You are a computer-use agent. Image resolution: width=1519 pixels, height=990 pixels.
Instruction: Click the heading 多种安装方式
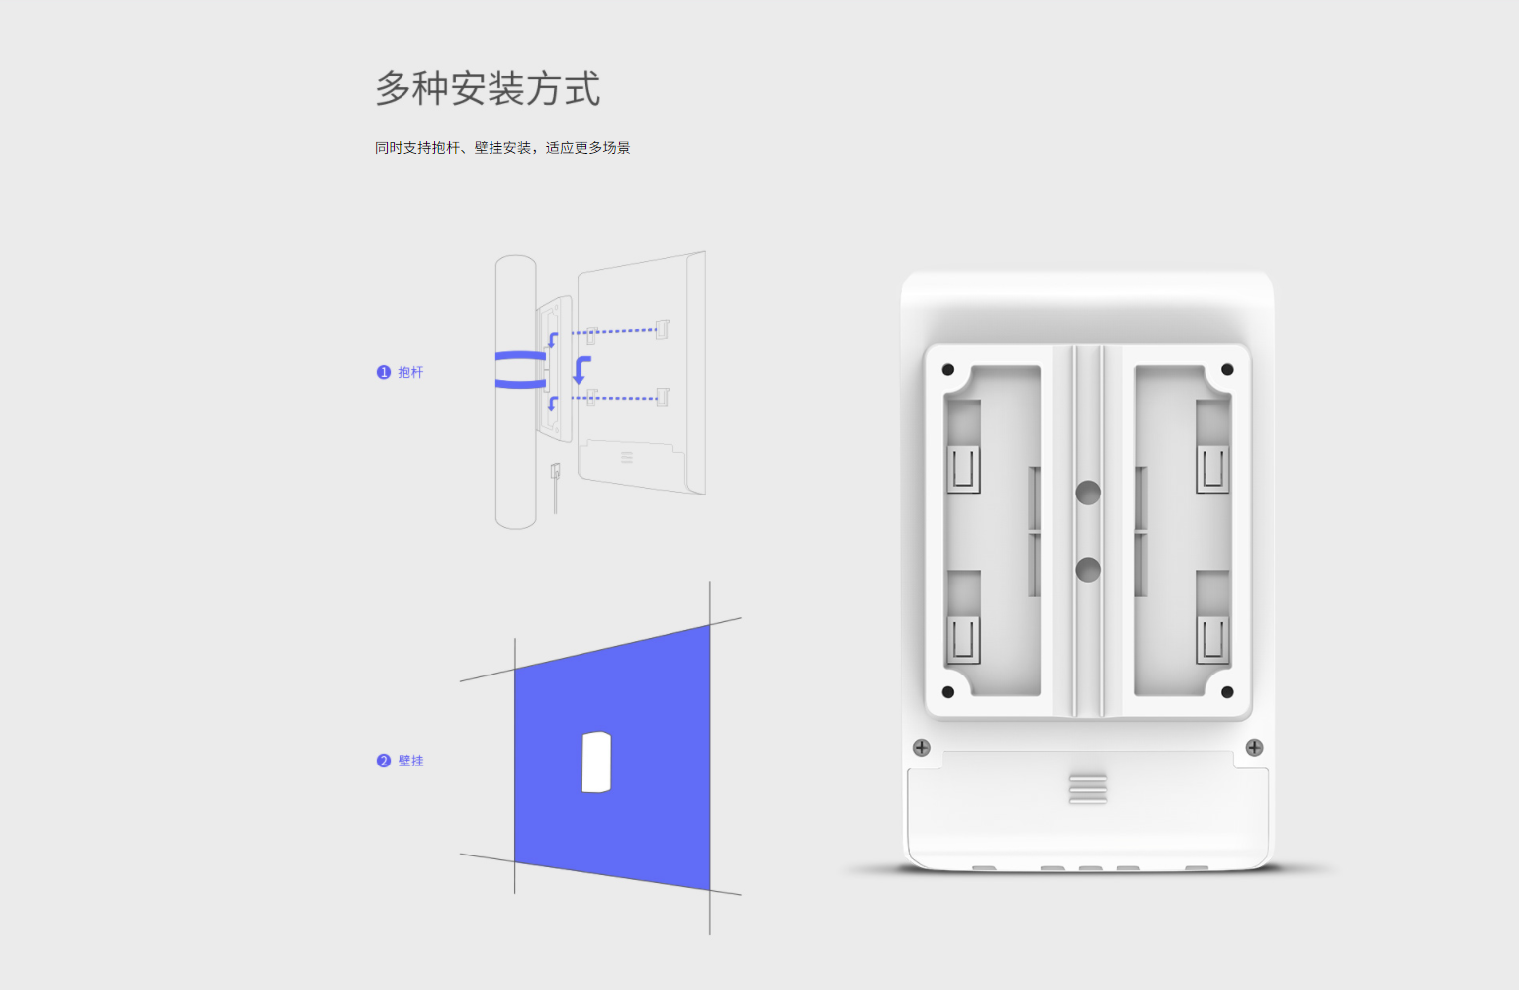pyautogui.click(x=488, y=88)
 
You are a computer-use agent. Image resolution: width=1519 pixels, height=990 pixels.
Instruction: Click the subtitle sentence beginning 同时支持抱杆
pyautogui.click(x=502, y=147)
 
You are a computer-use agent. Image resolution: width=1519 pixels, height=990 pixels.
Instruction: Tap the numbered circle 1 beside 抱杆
pyautogui.click(x=383, y=372)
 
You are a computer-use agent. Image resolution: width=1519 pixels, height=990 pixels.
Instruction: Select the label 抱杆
pyautogui.click(x=410, y=372)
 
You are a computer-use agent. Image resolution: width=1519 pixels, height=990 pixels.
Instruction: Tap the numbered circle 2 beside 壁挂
pyautogui.click(x=383, y=761)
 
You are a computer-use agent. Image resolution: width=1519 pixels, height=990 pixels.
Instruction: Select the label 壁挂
pyautogui.click(x=410, y=761)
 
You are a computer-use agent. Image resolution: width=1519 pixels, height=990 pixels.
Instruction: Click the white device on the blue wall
pyautogui.click(x=596, y=762)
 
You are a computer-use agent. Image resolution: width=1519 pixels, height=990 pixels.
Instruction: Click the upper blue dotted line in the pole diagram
pyautogui.click(x=614, y=331)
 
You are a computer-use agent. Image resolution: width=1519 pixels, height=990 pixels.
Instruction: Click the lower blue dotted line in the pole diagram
pyautogui.click(x=614, y=398)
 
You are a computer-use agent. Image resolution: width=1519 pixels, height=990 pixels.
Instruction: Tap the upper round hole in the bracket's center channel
pyautogui.click(x=1088, y=493)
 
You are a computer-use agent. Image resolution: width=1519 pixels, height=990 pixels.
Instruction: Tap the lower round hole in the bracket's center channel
pyautogui.click(x=1088, y=570)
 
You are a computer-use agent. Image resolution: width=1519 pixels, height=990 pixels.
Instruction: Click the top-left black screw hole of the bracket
pyautogui.click(x=948, y=370)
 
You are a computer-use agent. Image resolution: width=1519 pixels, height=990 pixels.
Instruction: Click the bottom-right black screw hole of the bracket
pyautogui.click(x=1227, y=692)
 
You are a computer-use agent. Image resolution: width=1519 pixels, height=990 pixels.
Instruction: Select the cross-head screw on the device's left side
pyautogui.click(x=922, y=748)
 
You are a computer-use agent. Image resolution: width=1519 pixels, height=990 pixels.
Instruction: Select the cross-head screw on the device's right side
pyautogui.click(x=1255, y=748)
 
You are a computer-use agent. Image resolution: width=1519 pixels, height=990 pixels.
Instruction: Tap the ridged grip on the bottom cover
pyautogui.click(x=1088, y=789)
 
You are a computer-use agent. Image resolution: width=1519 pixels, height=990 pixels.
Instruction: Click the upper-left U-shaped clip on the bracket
pyautogui.click(x=963, y=469)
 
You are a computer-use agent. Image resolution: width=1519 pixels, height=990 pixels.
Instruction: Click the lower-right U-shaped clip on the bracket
pyautogui.click(x=1212, y=639)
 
